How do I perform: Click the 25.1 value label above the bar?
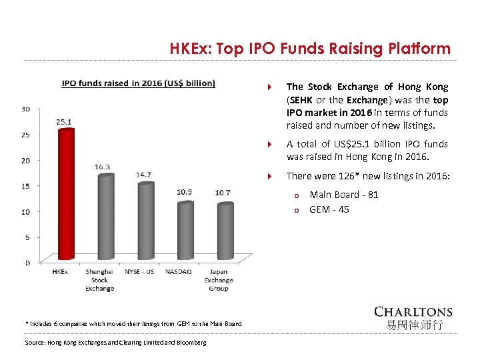tap(65, 122)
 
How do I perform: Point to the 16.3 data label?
tap(102, 167)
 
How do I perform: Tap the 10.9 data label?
tap(184, 192)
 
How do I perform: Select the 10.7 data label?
tap(223, 193)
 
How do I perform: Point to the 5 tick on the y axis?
tap(27, 237)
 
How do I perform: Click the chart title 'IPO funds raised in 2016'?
tap(138, 83)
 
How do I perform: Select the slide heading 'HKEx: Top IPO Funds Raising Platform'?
tap(310, 49)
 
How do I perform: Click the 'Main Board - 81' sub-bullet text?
tap(343, 195)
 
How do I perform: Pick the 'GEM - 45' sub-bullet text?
tap(329, 209)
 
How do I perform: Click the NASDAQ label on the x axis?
tap(178, 272)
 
